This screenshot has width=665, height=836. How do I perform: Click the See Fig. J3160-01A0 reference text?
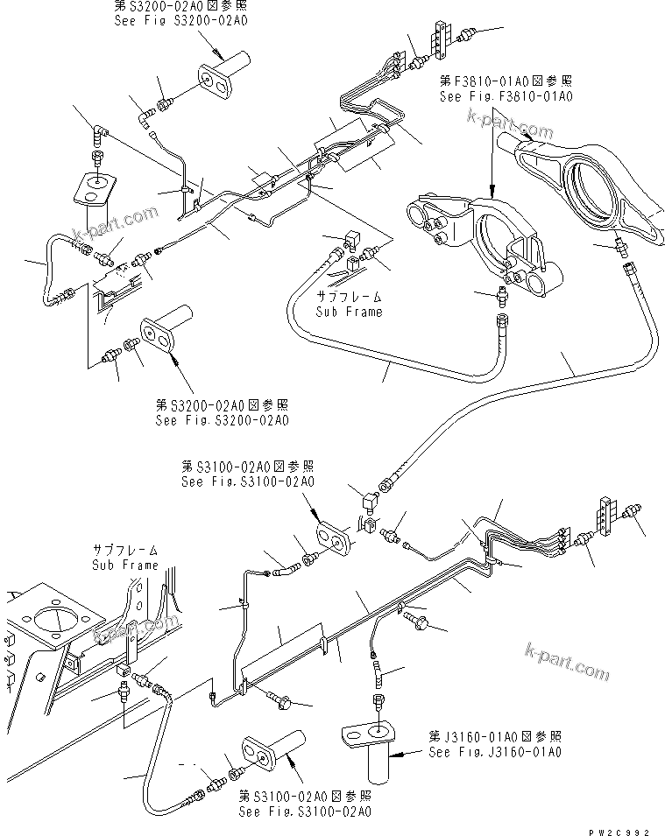tap(494, 751)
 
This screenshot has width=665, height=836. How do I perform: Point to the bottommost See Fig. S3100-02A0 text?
tap(305, 811)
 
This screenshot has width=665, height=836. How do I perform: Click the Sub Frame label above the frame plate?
tap(125, 565)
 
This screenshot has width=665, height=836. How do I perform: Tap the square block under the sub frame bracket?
tap(120, 671)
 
